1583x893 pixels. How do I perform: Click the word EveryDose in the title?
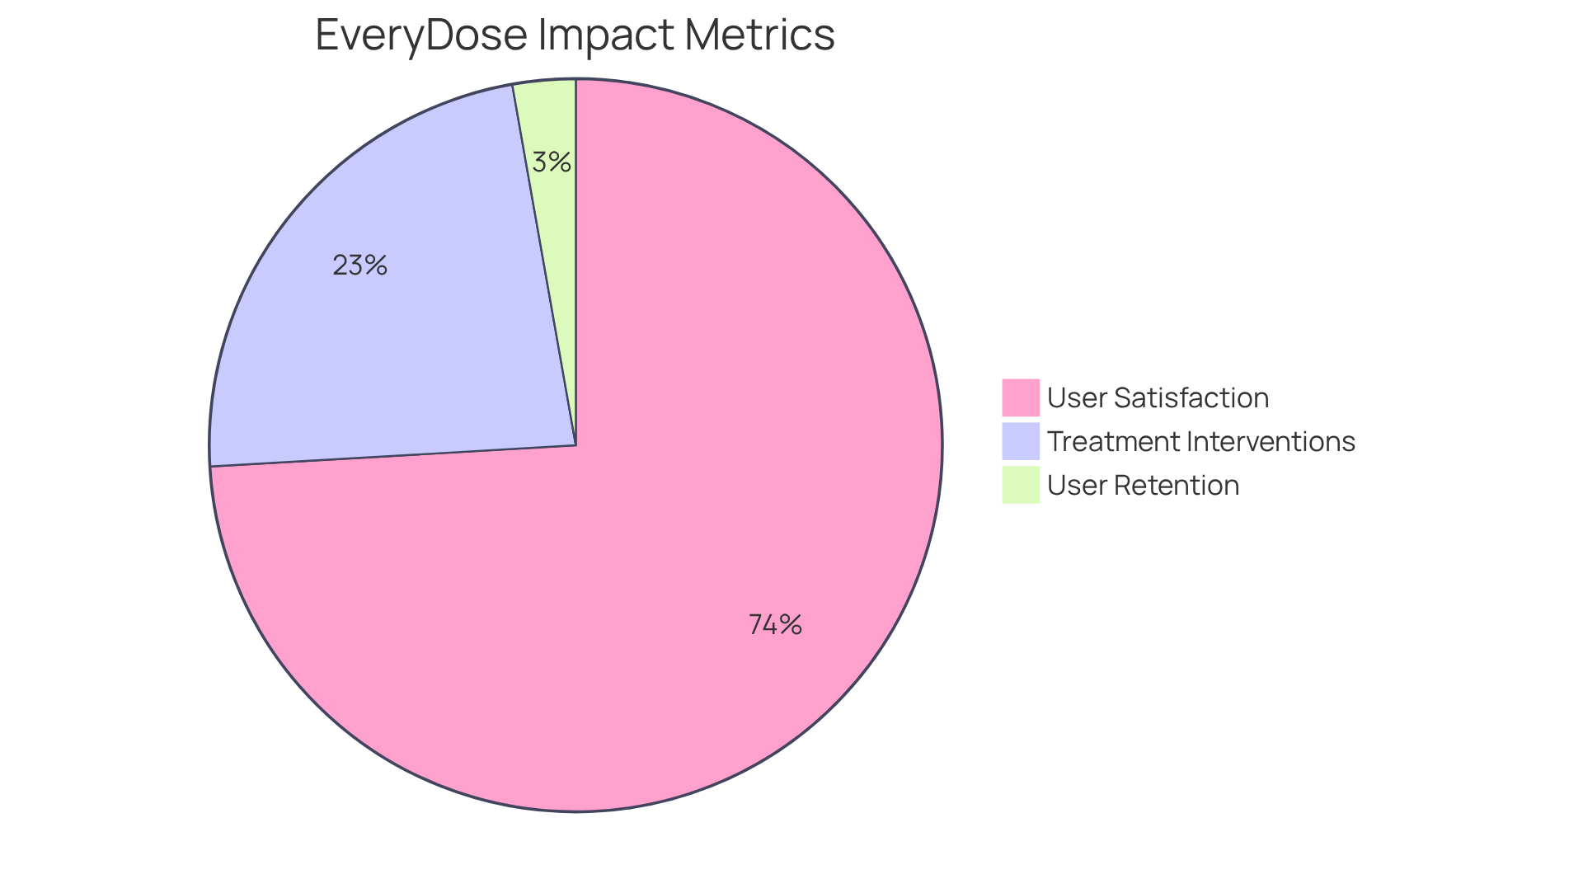point(421,36)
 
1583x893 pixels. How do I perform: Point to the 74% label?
point(775,625)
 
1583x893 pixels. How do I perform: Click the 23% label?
point(360,266)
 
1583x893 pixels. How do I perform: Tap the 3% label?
point(552,162)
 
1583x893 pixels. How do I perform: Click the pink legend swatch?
point(1021,397)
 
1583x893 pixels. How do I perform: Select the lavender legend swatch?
point(1021,441)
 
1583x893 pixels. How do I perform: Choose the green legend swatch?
point(1021,485)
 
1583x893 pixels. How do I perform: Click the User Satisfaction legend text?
point(1158,397)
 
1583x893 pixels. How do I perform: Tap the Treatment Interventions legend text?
point(1201,441)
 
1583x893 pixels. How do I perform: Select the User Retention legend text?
point(1143,485)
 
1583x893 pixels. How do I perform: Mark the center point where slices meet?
point(575,445)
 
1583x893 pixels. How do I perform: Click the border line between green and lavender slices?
point(544,264)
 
